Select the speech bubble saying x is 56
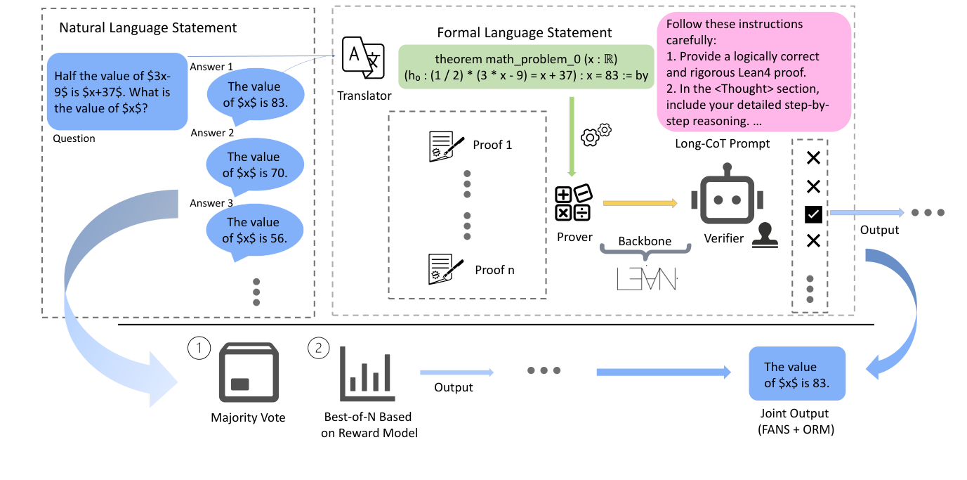254,231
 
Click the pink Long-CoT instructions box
754,72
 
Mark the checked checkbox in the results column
813,214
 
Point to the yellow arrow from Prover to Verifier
639,204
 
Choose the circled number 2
318,349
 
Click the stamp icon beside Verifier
765,235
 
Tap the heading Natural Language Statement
148,28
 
